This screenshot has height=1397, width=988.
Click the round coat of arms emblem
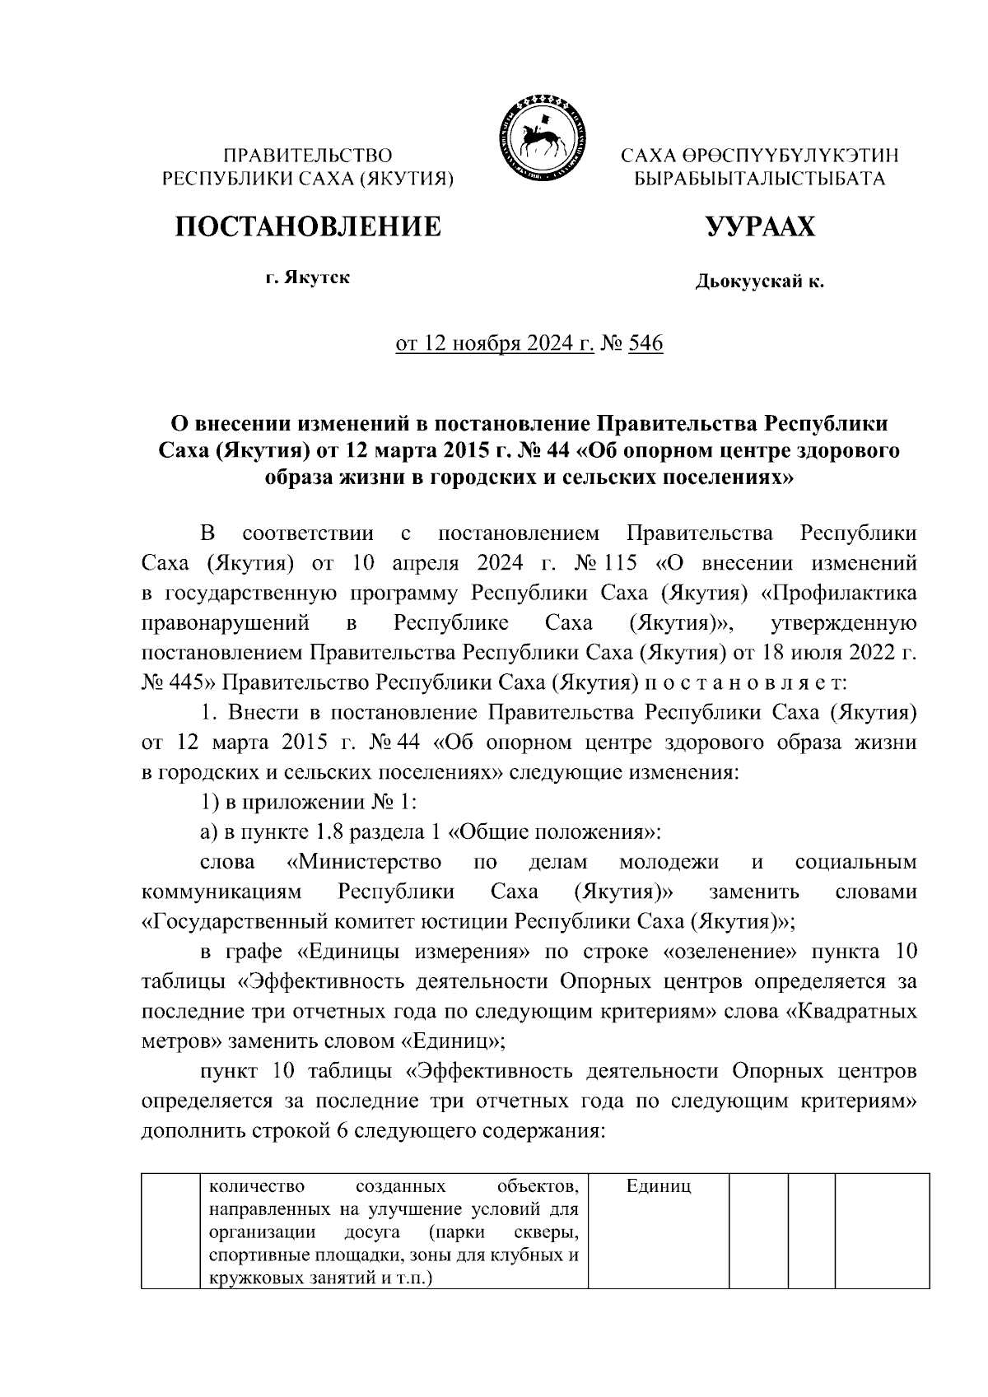coord(539,136)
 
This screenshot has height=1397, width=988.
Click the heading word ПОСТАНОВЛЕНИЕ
coord(308,226)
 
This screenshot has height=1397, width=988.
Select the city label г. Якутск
coord(307,277)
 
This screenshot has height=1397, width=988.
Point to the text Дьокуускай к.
coord(759,282)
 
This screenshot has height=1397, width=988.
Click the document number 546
coord(645,343)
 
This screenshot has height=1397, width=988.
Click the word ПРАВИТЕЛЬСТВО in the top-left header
coord(309,156)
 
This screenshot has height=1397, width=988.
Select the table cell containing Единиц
coord(658,1186)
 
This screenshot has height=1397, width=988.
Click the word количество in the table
coord(256,1186)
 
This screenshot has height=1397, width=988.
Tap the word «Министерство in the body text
coord(362,863)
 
